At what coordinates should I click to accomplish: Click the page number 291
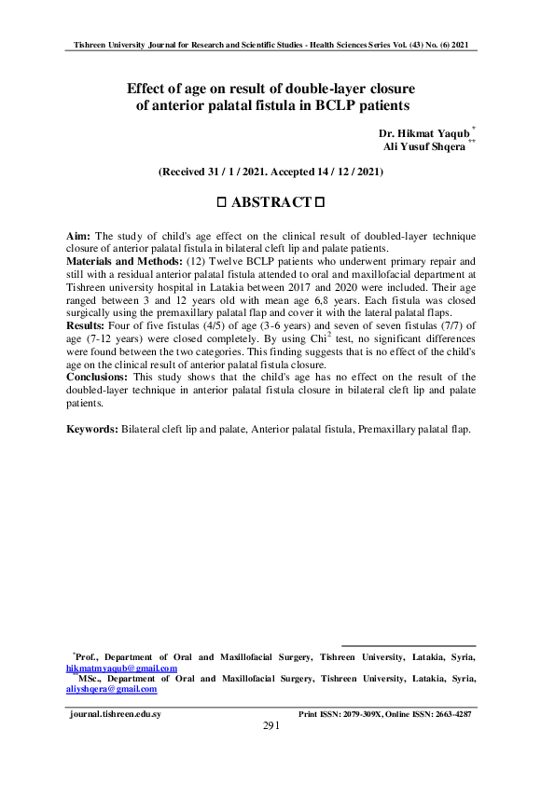click(x=271, y=725)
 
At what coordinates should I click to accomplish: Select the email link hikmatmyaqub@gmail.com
click(x=121, y=668)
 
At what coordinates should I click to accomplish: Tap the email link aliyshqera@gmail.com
click(x=111, y=690)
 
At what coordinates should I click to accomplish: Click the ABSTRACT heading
click(x=271, y=202)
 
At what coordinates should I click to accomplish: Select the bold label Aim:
click(x=78, y=237)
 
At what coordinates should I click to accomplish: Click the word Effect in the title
click(x=149, y=90)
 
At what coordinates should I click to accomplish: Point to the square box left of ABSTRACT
click(x=222, y=202)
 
